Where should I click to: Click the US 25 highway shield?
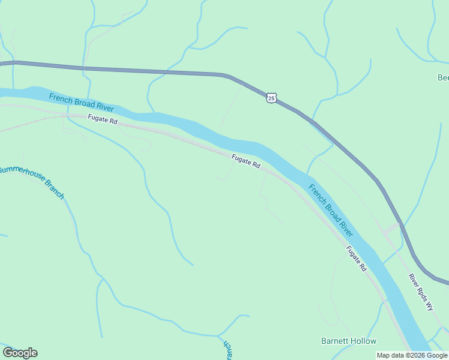tap(272, 98)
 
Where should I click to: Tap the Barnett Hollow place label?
tap(349, 341)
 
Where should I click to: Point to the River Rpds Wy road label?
tap(420, 292)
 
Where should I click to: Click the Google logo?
tap(20, 353)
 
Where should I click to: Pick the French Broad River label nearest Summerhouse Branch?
tap(82, 102)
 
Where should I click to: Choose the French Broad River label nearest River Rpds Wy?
tap(331, 209)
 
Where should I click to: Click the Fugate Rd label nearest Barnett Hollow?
tap(356, 259)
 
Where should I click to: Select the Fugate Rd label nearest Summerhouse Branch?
tap(103, 120)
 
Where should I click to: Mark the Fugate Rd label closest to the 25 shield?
tap(247, 161)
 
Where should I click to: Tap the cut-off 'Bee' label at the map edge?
tap(443, 77)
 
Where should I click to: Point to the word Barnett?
tap(334, 341)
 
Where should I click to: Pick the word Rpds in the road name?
tap(421, 292)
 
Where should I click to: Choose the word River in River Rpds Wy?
tap(413, 280)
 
